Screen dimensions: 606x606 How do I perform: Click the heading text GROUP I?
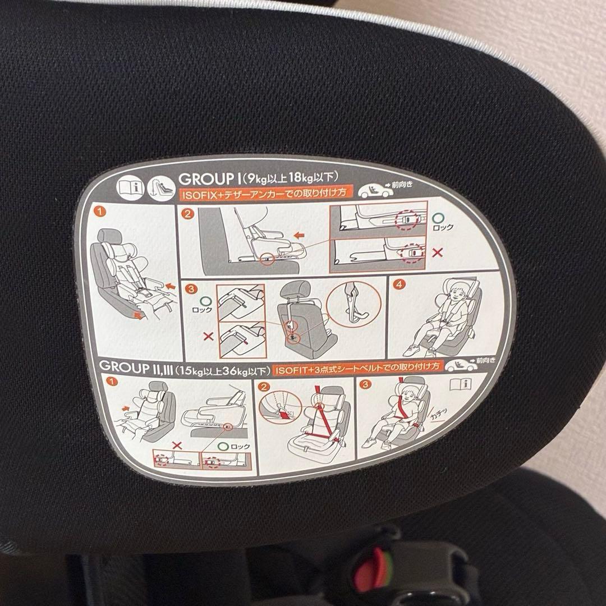tap(208, 179)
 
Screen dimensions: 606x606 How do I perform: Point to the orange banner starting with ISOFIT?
tap(359, 369)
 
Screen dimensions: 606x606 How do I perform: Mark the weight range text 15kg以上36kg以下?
tap(222, 370)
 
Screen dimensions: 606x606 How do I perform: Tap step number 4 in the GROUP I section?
tap(398, 284)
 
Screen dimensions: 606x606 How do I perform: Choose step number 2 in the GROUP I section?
tap(187, 214)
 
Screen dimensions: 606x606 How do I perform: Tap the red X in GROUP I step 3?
tap(208, 337)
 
